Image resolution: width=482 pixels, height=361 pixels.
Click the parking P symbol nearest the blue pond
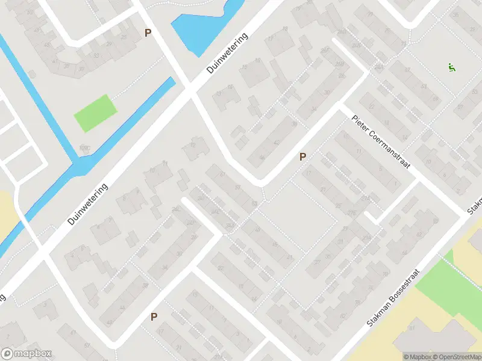click(x=148, y=33)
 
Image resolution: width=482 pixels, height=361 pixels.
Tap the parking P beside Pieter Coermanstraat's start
click(x=303, y=156)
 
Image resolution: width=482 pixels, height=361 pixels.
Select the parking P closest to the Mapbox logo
click(x=154, y=316)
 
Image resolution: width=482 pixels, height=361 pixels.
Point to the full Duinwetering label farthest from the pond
click(x=88, y=205)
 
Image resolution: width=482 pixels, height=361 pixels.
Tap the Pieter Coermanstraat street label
click(x=380, y=142)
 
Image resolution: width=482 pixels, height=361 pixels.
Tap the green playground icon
click(x=451, y=67)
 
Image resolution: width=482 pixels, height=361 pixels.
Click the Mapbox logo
click(x=27, y=354)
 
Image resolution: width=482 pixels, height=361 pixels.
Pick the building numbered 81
click(x=413, y=328)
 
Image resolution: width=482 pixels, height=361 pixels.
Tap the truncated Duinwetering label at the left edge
click(x=2, y=297)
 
